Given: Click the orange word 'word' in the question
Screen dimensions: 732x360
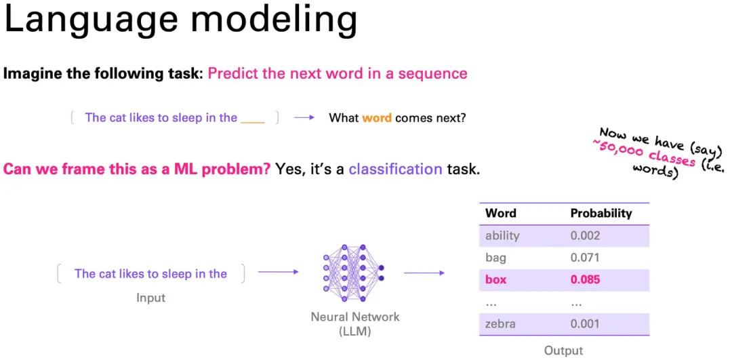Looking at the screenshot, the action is (x=377, y=118).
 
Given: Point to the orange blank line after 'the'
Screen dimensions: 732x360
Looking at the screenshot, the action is (x=253, y=122).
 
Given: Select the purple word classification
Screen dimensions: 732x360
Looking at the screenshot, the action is (x=395, y=169).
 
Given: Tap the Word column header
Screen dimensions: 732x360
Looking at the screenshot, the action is (x=501, y=214).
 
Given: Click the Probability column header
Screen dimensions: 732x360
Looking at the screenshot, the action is (x=601, y=214).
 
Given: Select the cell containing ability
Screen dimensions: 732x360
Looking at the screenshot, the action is (x=502, y=236).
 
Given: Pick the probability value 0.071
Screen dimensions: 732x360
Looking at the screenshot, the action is (x=585, y=258).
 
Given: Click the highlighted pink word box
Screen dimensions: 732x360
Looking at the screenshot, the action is (x=496, y=280).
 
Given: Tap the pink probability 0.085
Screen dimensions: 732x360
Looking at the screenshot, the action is (x=586, y=280).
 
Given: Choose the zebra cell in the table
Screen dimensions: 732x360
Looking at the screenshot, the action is (x=500, y=324).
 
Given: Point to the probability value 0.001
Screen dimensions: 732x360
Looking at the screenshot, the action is (x=585, y=324).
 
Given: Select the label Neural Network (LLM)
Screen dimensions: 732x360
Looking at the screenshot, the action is (x=355, y=324).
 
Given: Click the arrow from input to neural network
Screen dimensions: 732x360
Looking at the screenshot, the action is (x=279, y=271).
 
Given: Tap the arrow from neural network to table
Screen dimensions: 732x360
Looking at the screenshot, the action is (x=424, y=273).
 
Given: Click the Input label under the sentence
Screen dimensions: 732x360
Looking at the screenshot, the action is (x=150, y=298).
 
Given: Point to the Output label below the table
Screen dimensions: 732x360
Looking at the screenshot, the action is (x=563, y=351).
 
